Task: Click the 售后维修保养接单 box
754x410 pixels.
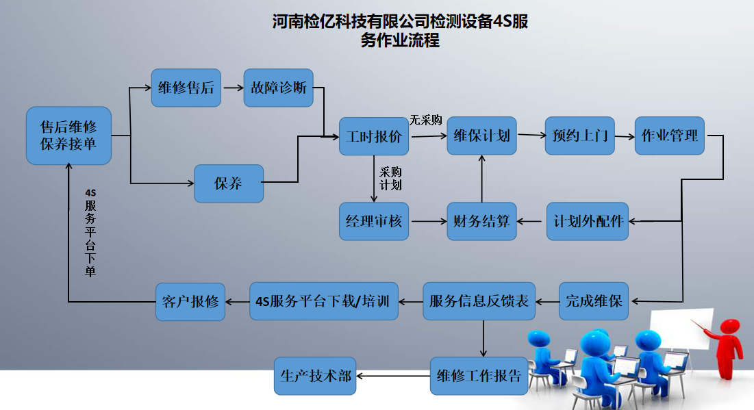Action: pyautogui.click(x=68, y=136)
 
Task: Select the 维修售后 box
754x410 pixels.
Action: pyautogui.click(x=186, y=88)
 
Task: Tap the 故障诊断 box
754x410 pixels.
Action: pyautogui.click(x=279, y=88)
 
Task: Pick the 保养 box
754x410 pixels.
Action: pyautogui.click(x=229, y=183)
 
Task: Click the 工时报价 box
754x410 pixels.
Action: pyautogui.click(x=374, y=136)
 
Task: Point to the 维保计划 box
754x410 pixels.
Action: pyautogui.click(x=482, y=136)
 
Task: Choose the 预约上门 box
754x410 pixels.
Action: pyautogui.click(x=580, y=136)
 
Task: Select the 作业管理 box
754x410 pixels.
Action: pyautogui.click(x=669, y=136)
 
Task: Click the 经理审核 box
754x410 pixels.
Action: pyautogui.click(x=374, y=221)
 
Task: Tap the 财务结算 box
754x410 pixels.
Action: pyautogui.click(x=482, y=221)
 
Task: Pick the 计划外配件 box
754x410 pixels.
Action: pyautogui.click(x=588, y=221)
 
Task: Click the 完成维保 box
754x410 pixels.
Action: pyautogui.click(x=593, y=301)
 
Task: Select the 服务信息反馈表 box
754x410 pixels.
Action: pyautogui.click(x=479, y=301)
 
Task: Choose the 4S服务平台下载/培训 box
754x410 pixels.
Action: pyautogui.click(x=324, y=301)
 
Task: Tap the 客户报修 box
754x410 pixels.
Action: pyautogui.click(x=190, y=301)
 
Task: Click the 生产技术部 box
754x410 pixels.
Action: pyautogui.click(x=315, y=376)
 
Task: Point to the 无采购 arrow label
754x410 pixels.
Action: pyautogui.click(x=425, y=120)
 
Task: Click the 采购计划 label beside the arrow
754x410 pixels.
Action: pyautogui.click(x=390, y=179)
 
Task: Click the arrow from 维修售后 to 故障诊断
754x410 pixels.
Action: pyautogui.click(x=234, y=88)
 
